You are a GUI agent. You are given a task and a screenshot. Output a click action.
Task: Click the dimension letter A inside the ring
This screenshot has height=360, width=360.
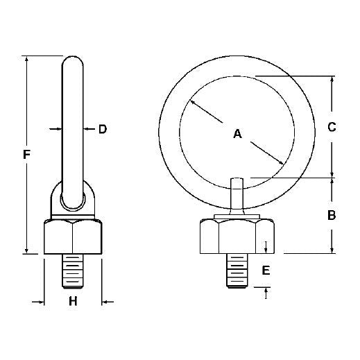pos(237,134)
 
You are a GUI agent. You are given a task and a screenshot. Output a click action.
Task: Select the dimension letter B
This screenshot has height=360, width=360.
pos(332,215)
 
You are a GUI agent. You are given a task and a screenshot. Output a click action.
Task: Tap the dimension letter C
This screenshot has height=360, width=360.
pos(332,127)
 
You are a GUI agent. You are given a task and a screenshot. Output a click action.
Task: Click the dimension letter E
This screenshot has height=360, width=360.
pos(266,271)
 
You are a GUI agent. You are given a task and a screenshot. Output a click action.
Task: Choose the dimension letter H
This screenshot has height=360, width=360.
pos(74,302)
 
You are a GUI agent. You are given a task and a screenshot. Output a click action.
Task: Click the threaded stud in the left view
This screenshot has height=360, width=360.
pos(73,271)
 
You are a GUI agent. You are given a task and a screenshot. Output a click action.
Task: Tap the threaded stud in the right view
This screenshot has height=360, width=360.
pos(237,271)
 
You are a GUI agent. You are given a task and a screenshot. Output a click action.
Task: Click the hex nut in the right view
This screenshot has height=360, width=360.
pos(237,237)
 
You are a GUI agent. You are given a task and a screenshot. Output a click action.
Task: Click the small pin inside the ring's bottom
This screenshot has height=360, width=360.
pos(237,191)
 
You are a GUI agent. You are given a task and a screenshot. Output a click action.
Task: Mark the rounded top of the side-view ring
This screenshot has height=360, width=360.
pos(74,62)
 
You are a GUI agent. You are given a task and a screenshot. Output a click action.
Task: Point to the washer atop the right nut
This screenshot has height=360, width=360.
pos(237,218)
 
